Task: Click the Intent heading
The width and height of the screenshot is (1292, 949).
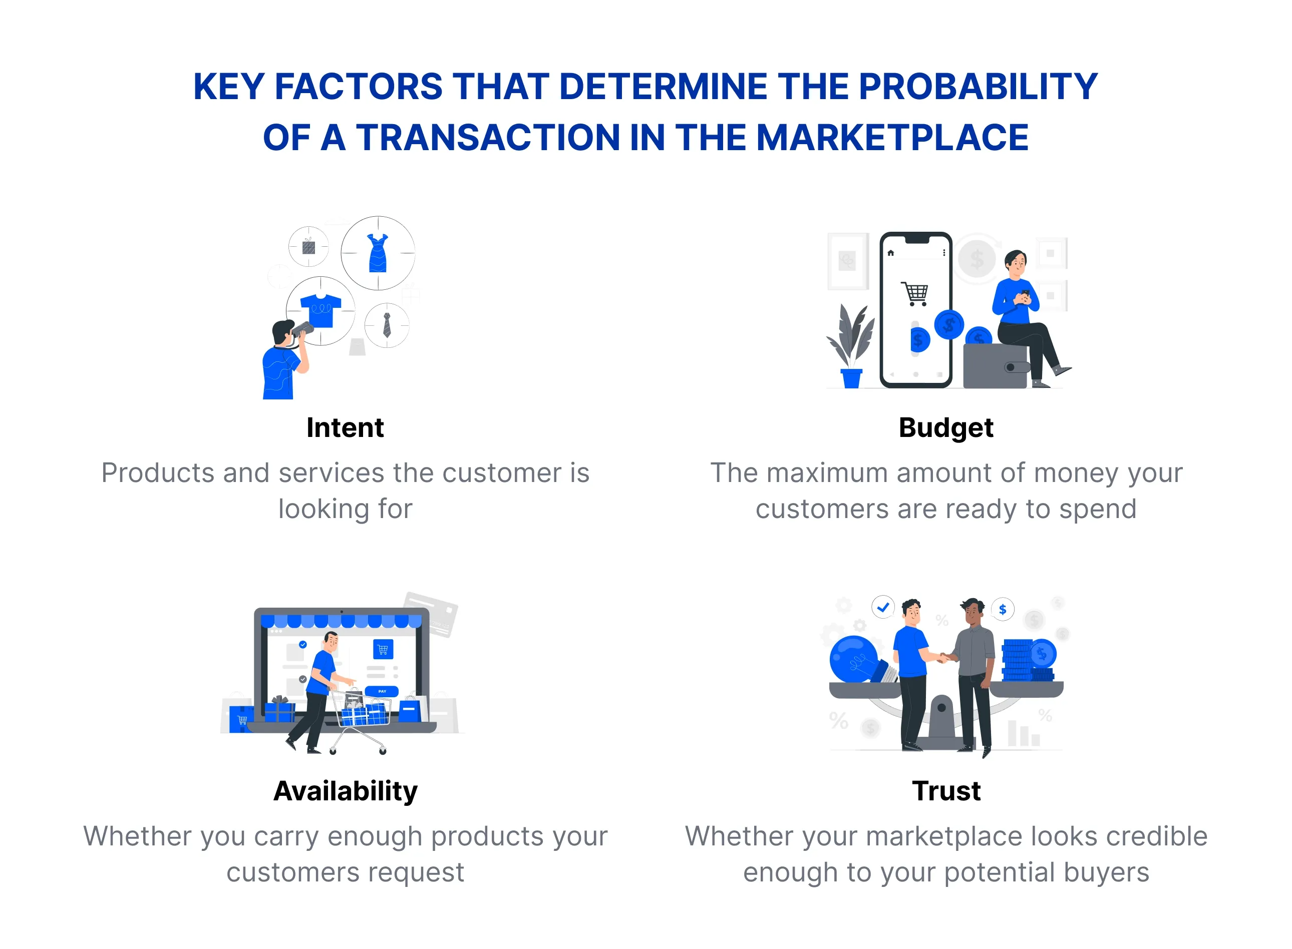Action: click(x=345, y=428)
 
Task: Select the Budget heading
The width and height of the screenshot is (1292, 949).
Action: click(x=946, y=428)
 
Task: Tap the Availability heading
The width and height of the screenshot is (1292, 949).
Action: click(x=346, y=791)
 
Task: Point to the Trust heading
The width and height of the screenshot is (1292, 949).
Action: click(x=946, y=791)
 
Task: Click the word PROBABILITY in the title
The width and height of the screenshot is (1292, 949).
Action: click(x=978, y=87)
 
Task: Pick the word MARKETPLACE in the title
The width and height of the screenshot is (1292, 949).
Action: click(x=892, y=138)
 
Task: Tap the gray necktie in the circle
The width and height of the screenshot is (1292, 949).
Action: click(x=387, y=325)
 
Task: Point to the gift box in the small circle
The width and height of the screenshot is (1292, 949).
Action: click(x=308, y=246)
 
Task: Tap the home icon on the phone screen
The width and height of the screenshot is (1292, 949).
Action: click(x=891, y=253)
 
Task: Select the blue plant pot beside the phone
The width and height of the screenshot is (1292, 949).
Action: click(x=851, y=378)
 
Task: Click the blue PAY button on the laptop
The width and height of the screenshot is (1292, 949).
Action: click(x=382, y=691)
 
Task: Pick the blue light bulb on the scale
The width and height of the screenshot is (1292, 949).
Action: click(x=854, y=660)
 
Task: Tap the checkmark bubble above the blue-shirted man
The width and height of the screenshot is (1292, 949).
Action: click(x=883, y=607)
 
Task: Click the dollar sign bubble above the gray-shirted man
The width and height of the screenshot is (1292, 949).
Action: click(x=1003, y=610)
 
